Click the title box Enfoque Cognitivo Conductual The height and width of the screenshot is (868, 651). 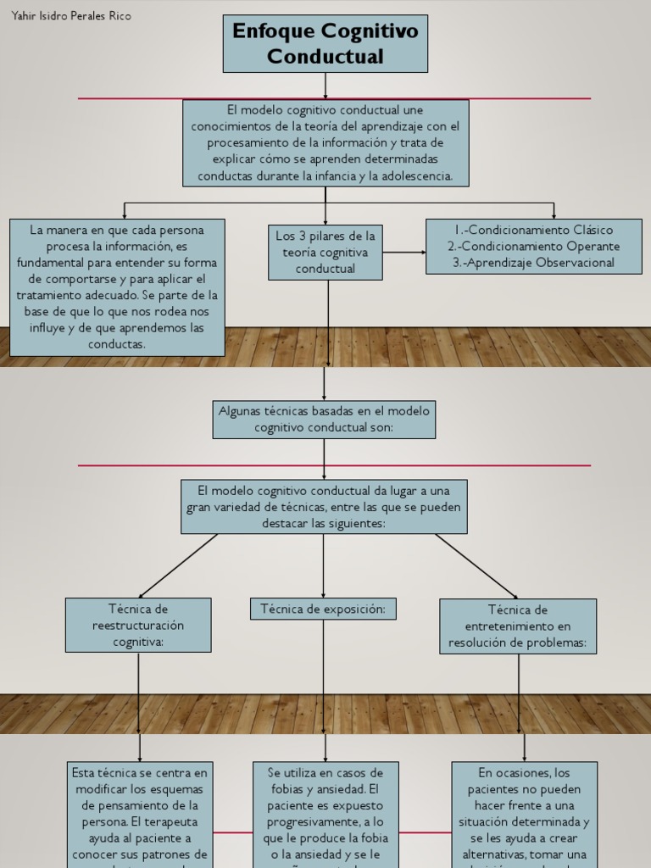325,43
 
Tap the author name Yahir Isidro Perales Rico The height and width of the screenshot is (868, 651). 72,16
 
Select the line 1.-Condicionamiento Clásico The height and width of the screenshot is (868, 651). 533,230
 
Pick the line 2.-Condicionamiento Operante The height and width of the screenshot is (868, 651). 533,247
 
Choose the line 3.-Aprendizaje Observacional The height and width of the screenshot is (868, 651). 533,263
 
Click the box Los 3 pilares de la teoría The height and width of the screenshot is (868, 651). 325,252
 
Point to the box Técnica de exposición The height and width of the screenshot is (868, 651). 323,609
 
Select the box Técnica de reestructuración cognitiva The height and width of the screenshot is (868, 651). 138,625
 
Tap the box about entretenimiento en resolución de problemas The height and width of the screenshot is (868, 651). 518,626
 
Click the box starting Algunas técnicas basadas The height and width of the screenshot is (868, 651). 324,420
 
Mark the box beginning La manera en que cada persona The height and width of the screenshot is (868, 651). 118,287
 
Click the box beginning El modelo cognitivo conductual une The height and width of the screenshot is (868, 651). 325,143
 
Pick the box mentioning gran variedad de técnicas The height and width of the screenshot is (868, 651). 324,507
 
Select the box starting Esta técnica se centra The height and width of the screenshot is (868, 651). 140,814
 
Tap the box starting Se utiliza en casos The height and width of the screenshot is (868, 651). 325,814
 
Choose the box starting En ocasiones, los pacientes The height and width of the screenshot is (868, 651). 524,814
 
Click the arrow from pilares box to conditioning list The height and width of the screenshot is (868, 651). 404,252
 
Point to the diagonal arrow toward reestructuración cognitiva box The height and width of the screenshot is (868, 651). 178,565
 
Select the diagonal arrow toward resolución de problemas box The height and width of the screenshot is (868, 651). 476,565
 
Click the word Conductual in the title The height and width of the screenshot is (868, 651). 325,57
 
